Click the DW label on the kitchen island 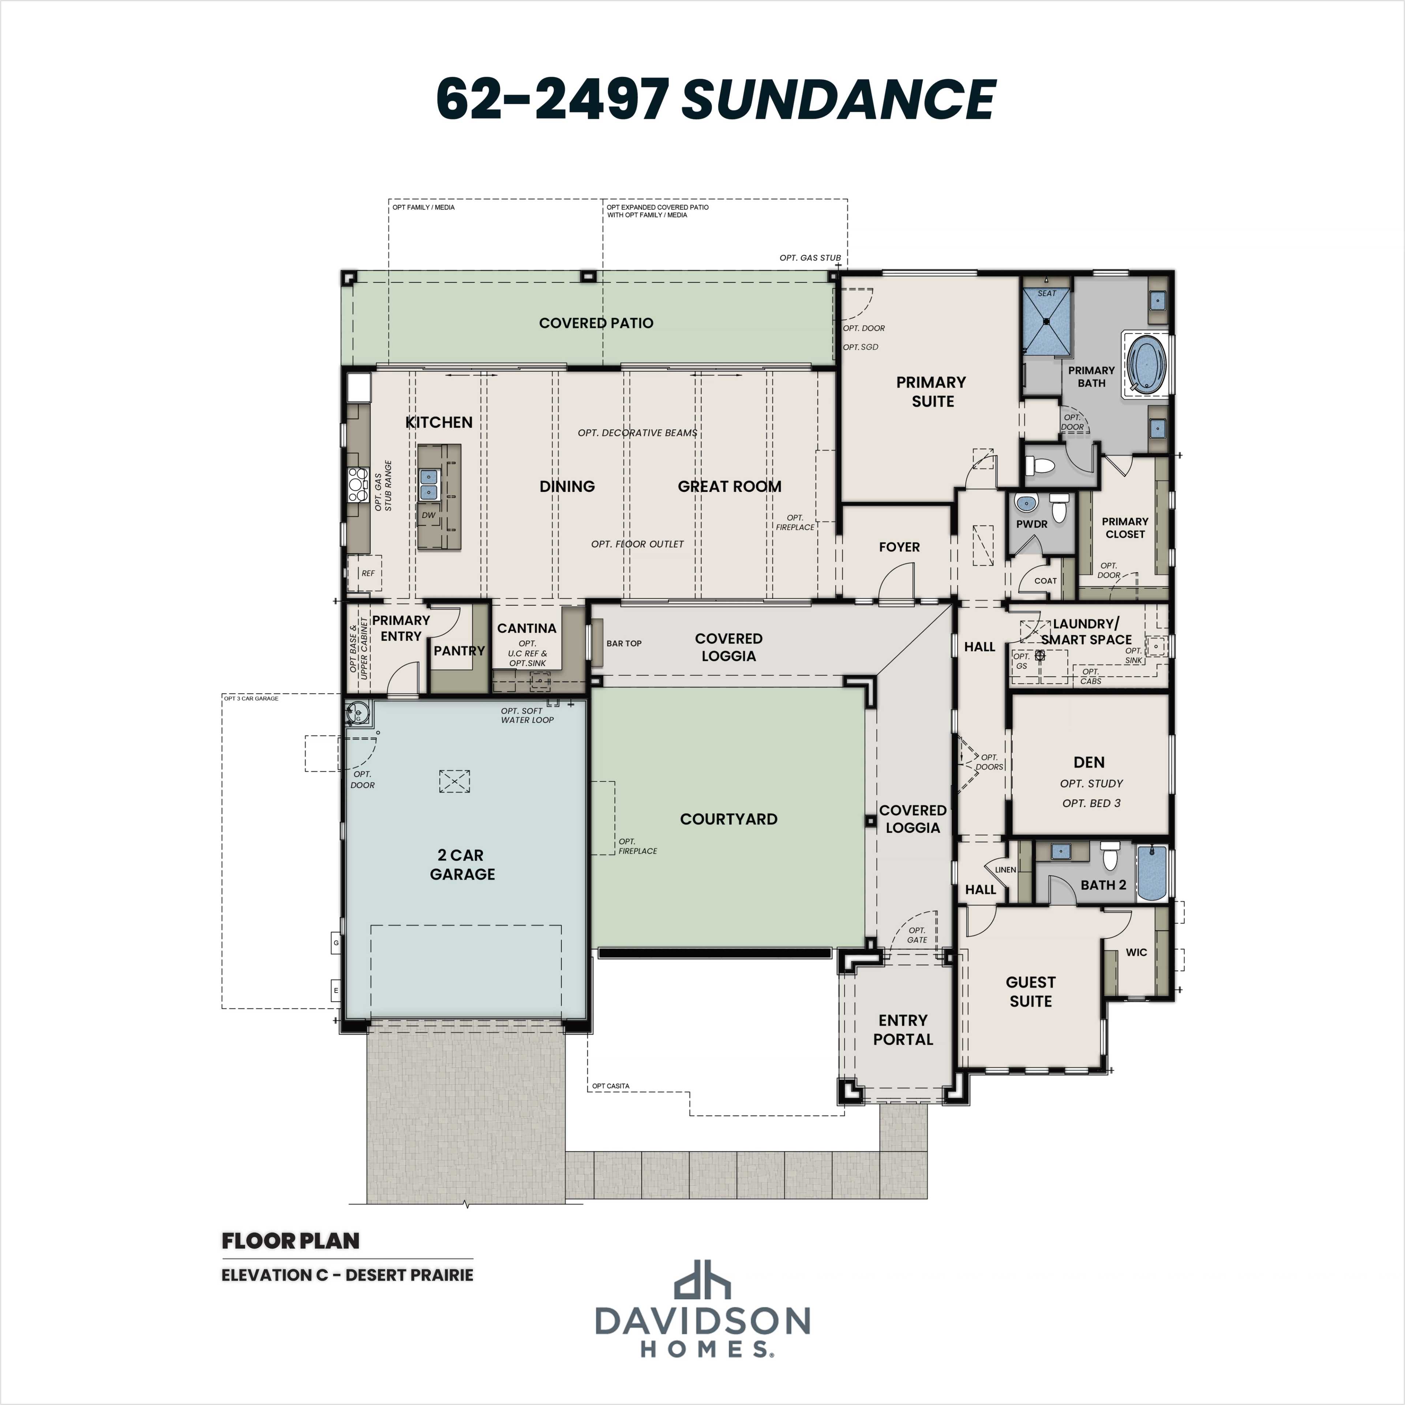[428, 515]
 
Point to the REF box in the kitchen [368, 573]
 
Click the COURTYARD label [729, 819]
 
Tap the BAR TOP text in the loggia [624, 644]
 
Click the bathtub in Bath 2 [1151, 873]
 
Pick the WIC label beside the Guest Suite [1136, 952]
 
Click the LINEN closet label [1005, 870]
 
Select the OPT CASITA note [611, 1086]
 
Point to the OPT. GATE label [917, 935]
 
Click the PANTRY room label [459, 651]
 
